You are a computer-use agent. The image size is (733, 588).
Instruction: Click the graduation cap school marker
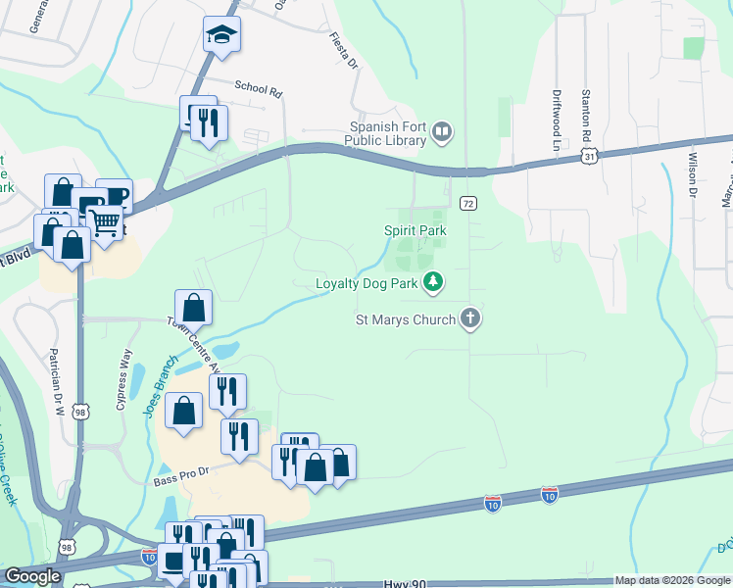(222, 35)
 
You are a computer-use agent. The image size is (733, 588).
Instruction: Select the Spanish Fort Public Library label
(389, 132)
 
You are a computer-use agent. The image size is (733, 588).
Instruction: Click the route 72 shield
(468, 203)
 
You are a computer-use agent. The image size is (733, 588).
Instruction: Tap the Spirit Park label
(415, 230)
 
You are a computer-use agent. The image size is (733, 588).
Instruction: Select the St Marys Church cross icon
(470, 318)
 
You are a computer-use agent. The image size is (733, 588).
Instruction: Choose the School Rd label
(258, 88)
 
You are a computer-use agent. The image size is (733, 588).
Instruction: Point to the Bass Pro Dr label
(181, 472)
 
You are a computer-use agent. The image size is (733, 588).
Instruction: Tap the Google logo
(32, 576)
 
